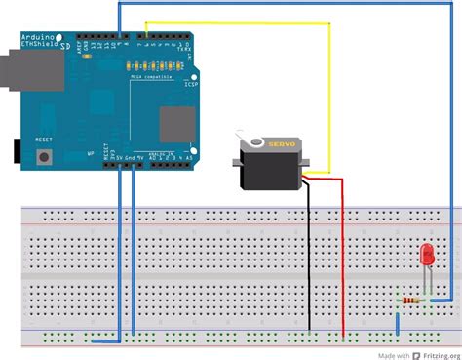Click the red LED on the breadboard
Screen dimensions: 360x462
click(426, 255)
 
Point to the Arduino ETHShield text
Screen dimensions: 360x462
click(39, 39)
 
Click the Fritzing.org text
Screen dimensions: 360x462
click(435, 353)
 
